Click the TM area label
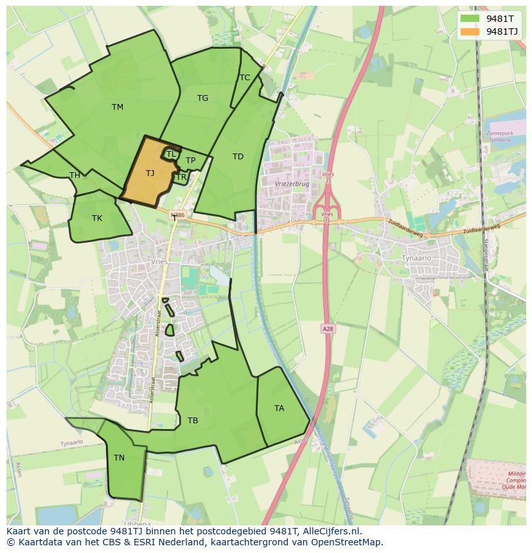point(117,107)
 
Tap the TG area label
point(202,98)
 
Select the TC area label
point(245,78)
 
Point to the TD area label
point(238,157)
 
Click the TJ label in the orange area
point(150,173)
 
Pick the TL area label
point(171,154)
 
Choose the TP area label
point(190,161)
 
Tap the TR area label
point(181,177)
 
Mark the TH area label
point(75,175)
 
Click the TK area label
point(96,218)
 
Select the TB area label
point(192,421)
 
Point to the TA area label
point(279,408)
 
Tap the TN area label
point(119,458)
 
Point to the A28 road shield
point(328,329)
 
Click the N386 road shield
point(178,216)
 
